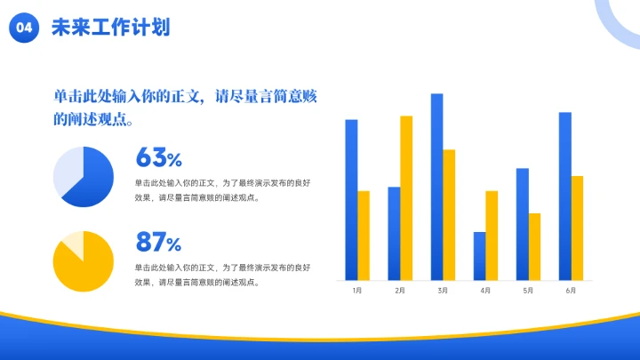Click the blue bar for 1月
[351, 199]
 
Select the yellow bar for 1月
[364, 235]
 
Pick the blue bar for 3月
[436, 186]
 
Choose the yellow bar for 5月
[534, 246]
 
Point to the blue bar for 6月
[564, 196]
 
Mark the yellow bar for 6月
[577, 228]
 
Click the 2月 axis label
[400, 291]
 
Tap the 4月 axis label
[485, 291]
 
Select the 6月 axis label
[571, 291]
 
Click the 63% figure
[158, 158]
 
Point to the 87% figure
[158, 242]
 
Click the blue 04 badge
[24, 28]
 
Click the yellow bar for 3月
[449, 214]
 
